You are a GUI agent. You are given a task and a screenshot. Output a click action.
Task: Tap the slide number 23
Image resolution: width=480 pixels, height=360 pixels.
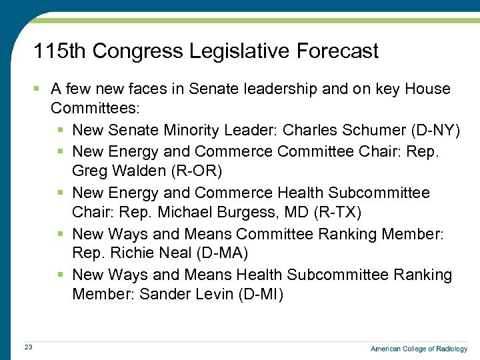[x=28, y=347]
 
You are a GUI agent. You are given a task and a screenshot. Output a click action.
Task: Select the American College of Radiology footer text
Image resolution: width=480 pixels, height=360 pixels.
[x=419, y=349]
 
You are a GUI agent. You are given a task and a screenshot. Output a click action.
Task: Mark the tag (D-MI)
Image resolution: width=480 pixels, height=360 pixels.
[x=261, y=295]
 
